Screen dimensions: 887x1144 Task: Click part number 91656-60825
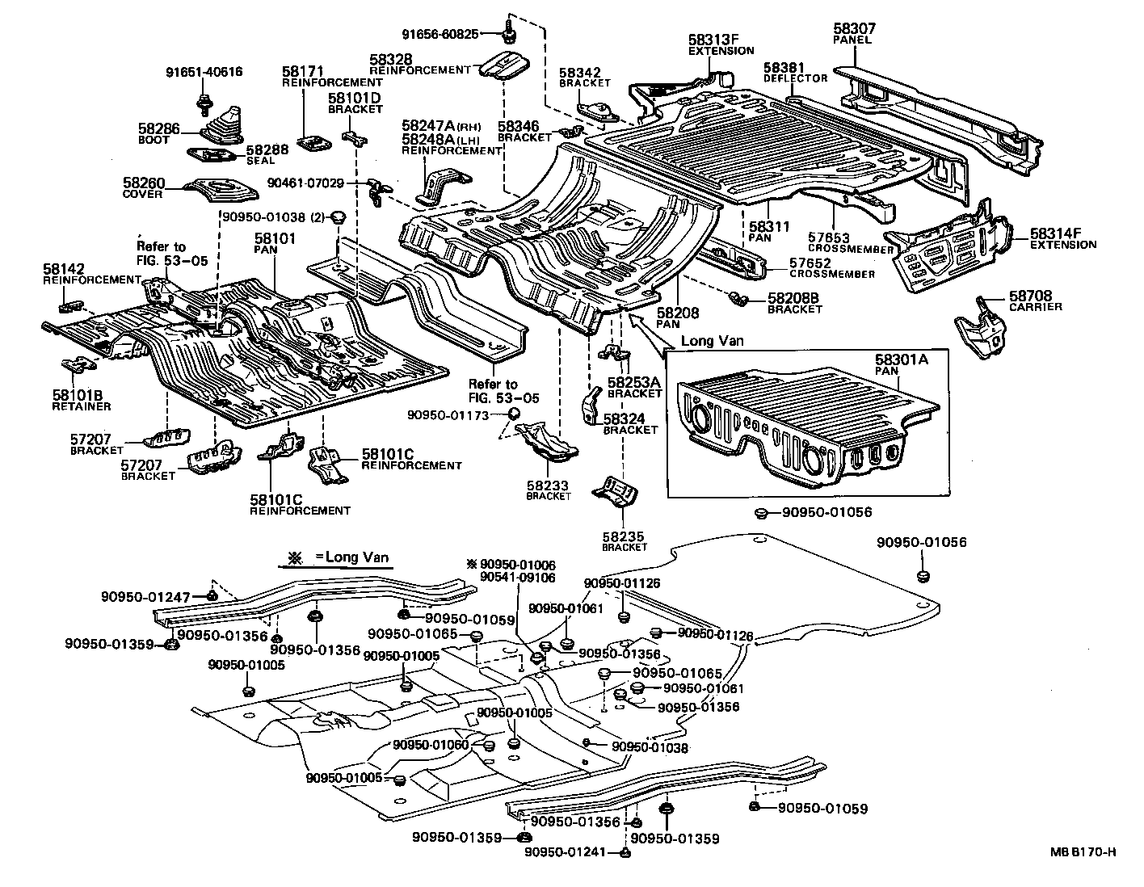(x=440, y=34)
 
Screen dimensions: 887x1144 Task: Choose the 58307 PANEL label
(x=854, y=34)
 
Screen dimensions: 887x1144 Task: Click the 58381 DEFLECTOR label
(x=795, y=73)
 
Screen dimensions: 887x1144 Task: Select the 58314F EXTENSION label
(x=1063, y=239)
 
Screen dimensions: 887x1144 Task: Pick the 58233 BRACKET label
(x=548, y=490)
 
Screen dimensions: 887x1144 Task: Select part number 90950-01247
(x=145, y=597)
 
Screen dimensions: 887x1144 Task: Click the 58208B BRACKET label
(x=794, y=303)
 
